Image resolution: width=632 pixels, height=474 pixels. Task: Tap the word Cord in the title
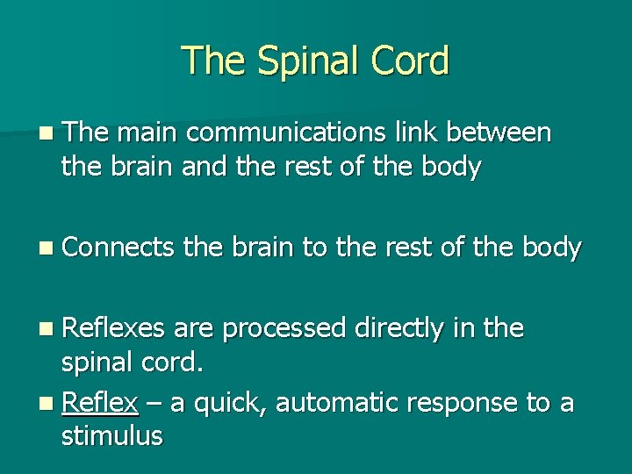tap(412, 61)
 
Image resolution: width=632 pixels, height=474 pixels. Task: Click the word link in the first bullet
tap(410, 133)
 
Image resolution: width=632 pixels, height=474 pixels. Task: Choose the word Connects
tap(118, 248)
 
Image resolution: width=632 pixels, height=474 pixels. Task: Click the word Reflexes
tap(114, 328)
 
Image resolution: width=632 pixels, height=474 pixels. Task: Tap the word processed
tap(284, 328)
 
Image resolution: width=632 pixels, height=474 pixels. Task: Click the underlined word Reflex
tap(100, 403)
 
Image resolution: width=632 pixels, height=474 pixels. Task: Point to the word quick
tap(233, 403)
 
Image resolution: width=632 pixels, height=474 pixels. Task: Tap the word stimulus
tap(111, 436)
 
